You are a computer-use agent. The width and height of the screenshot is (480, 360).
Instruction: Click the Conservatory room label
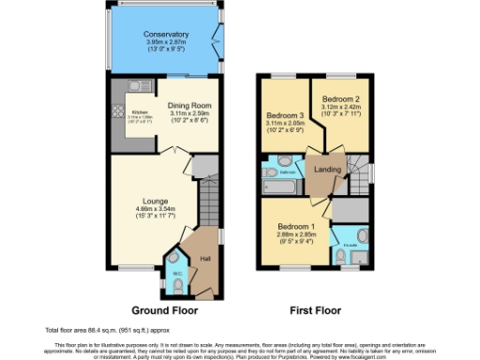[x=167, y=35]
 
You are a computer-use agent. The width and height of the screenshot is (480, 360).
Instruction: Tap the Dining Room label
[x=192, y=106]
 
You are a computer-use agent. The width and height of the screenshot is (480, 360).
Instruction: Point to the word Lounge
[x=155, y=200]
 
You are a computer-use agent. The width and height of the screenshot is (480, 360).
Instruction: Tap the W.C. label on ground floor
[x=176, y=274]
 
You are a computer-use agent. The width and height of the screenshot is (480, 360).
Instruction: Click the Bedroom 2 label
[x=341, y=98]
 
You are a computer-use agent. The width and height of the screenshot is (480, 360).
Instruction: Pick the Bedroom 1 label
[x=297, y=226]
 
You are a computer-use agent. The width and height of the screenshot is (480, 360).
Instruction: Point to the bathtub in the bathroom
[x=278, y=187]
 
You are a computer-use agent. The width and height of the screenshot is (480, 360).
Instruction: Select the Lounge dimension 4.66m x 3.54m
[x=155, y=210]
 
